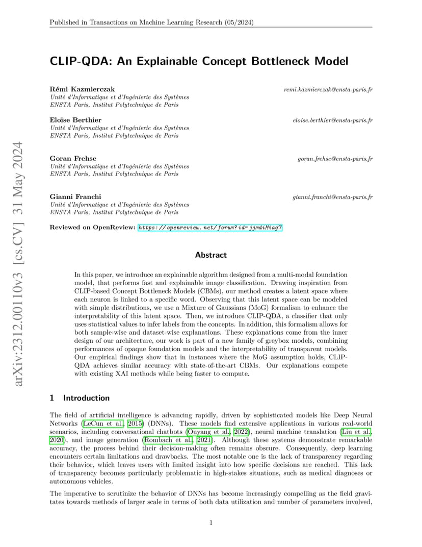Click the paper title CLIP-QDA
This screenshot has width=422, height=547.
(199, 61)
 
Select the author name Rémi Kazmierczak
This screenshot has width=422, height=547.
(82, 90)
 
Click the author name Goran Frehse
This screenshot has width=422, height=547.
(73, 159)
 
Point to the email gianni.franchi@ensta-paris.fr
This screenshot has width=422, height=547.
(332, 197)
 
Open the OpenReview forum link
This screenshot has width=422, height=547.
(210, 227)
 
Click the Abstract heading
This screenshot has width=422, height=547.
(210, 255)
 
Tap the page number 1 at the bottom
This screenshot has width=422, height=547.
(211, 523)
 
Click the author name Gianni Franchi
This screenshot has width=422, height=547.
(75, 197)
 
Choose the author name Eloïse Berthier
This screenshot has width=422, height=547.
(75, 120)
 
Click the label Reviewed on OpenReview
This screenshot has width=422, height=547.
(92, 227)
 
